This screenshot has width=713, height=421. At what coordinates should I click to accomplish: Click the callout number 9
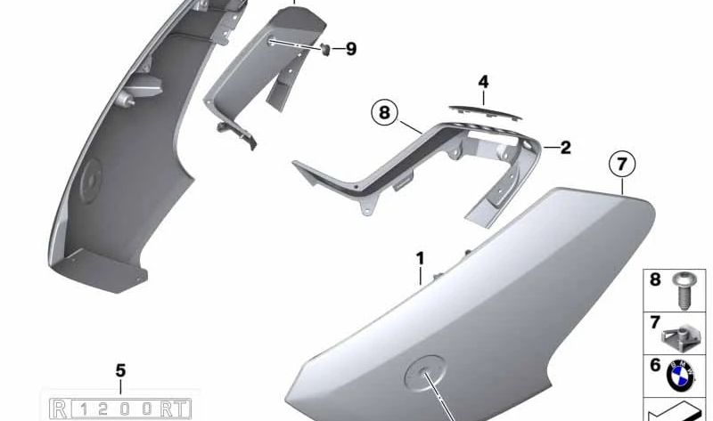[350, 49]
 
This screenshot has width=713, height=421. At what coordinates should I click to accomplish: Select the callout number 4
[483, 83]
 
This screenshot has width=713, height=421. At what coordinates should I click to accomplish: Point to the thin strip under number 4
[483, 107]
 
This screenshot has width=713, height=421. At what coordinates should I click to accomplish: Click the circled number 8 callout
[384, 113]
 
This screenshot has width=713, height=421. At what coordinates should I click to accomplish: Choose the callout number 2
[564, 148]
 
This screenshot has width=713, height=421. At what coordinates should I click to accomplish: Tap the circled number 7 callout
[622, 165]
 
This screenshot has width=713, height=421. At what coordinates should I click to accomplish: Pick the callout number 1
[420, 259]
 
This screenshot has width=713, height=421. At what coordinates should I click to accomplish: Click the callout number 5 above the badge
[121, 370]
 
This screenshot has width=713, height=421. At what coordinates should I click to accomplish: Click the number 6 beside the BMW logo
[655, 364]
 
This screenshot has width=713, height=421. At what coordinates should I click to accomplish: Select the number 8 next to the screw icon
[655, 280]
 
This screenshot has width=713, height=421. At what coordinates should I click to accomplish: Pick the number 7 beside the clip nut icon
[655, 321]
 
